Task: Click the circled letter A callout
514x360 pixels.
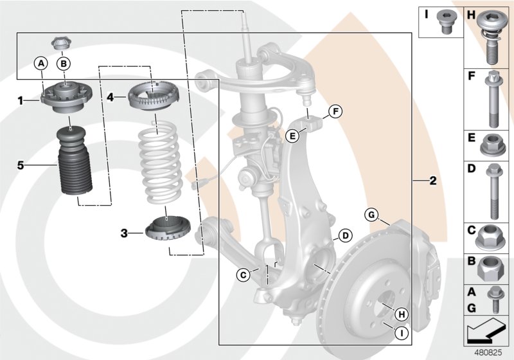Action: [x=40, y=63]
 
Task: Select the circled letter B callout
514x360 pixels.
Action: [x=64, y=63]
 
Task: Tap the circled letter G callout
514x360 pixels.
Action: [x=371, y=215]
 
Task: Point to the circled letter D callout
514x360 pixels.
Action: [x=345, y=236]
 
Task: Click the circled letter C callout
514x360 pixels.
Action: [x=243, y=275]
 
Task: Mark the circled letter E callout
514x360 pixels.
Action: [x=292, y=135]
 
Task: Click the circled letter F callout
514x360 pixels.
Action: [x=333, y=112]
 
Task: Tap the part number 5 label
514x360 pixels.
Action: [x=21, y=165]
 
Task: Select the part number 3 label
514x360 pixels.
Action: [x=123, y=233]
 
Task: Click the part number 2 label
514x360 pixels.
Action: [x=432, y=181]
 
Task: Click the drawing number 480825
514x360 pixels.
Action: [x=491, y=353]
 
